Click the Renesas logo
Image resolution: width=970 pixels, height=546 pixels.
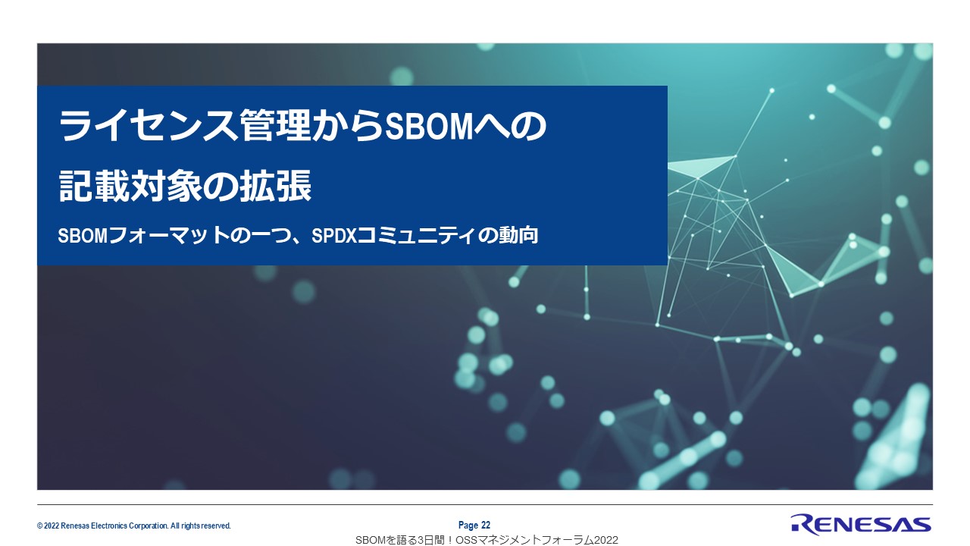click(x=861, y=526)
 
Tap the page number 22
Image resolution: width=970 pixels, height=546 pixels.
click(x=486, y=526)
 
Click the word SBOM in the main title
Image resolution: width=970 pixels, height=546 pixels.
click(x=428, y=127)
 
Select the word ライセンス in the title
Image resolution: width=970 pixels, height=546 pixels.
click(x=148, y=126)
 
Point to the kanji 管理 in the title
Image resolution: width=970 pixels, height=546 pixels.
click(x=275, y=126)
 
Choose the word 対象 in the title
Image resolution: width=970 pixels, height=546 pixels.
click(x=166, y=186)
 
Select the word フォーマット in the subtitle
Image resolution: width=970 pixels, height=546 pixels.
click(x=169, y=236)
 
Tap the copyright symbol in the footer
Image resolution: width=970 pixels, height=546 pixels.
click(x=40, y=526)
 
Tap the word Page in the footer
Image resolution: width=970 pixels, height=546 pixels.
click(x=468, y=526)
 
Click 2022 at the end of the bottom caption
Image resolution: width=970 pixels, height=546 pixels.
click(x=605, y=540)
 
